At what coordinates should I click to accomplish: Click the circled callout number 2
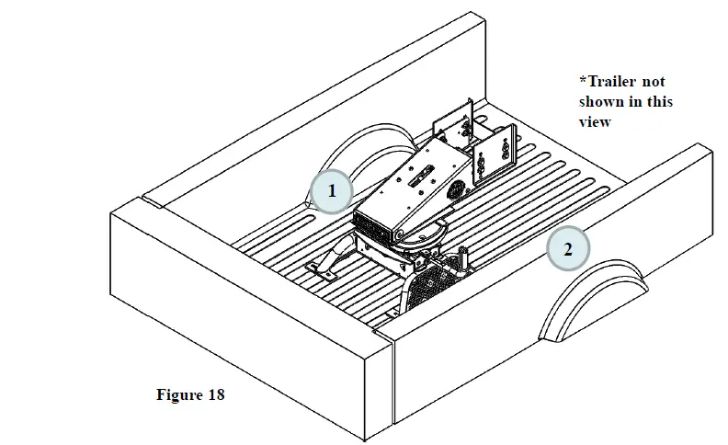click(568, 249)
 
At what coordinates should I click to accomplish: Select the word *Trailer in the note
click(609, 81)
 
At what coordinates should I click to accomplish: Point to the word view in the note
click(595, 121)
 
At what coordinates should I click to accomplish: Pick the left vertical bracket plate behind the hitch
click(455, 120)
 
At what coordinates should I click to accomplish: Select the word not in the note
click(654, 81)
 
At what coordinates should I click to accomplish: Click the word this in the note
click(658, 101)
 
